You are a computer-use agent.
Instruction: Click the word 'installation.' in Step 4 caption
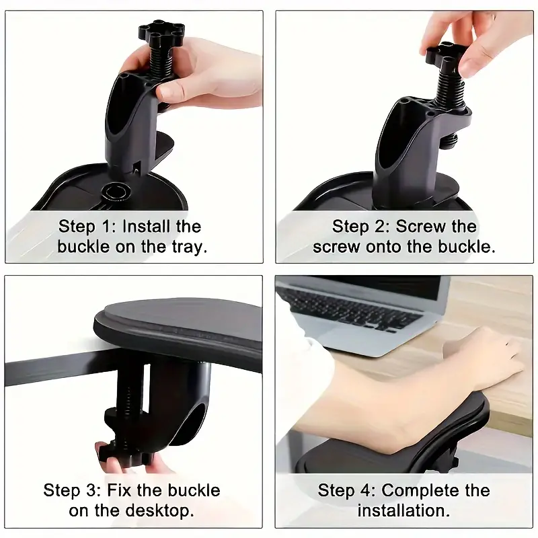pos(403,510)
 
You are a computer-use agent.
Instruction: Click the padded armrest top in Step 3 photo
pos(182,323)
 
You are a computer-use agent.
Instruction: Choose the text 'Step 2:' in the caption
pos(360,227)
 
